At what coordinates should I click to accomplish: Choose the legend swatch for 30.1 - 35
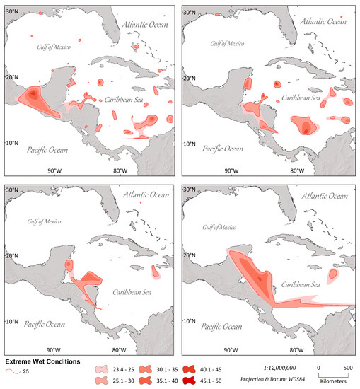146,368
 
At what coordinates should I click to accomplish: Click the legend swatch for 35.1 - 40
146,381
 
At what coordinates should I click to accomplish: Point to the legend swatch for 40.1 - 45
189,368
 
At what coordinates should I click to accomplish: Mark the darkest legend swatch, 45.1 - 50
189,381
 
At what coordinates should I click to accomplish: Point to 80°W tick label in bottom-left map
117,349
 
